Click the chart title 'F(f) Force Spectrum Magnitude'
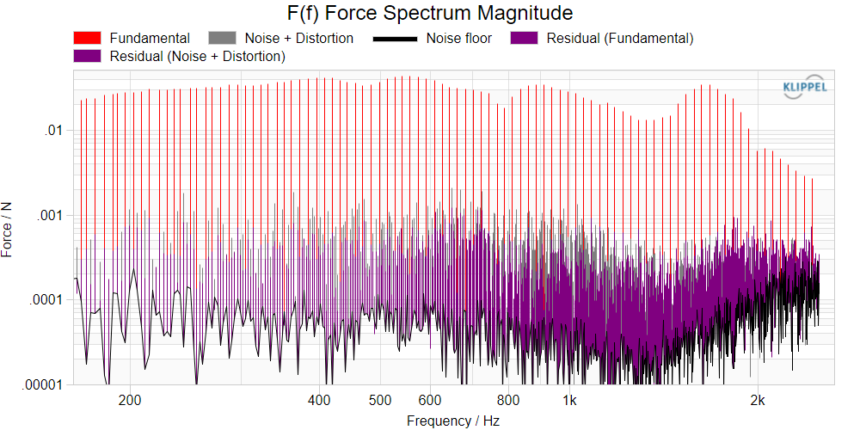430,13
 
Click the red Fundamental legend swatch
87,38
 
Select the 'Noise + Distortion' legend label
299,39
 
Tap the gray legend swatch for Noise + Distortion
222,38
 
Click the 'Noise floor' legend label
459,39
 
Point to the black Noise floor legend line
395,39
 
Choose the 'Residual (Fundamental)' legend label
620,39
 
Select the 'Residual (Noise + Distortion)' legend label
198,56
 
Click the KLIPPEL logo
805,87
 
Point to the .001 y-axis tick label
52,216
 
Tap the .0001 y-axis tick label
49,300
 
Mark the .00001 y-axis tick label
46,385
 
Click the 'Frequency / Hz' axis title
453,421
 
